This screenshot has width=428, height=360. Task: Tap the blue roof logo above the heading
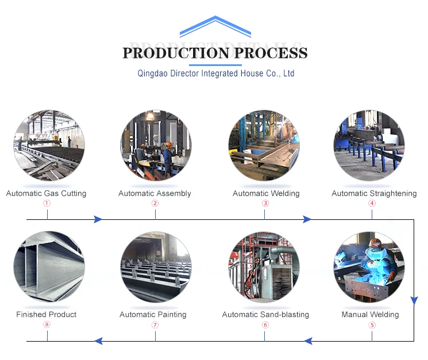pos(215,27)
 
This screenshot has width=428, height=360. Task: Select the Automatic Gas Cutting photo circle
pos(49,146)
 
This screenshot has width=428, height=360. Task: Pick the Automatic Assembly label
pos(155,193)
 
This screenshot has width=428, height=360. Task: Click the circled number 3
pos(265,203)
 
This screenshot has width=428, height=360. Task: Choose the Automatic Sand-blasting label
pos(265,315)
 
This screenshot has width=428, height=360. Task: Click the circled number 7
pos(155,325)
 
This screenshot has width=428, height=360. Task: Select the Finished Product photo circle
pos(49,267)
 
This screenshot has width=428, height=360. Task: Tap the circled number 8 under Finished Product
pos(47,325)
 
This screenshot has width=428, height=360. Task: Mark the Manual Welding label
pos(370,315)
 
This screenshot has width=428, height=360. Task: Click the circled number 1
pos(47,203)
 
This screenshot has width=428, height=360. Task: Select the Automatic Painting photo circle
pos(155,267)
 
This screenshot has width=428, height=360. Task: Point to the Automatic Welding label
pos(266,193)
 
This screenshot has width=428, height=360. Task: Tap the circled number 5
pos(372,325)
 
